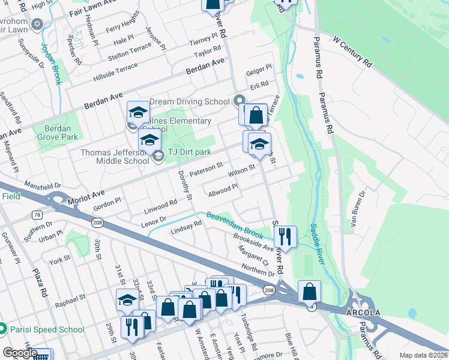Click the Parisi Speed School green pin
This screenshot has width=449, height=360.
[x=3, y=329]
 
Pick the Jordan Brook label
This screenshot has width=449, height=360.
[x=51, y=63]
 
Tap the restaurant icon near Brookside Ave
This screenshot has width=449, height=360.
[x=286, y=236]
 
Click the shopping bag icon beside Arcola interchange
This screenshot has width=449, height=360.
[x=309, y=292]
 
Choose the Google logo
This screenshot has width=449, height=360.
[x=20, y=353]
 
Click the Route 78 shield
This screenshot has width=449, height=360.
[x=37, y=215]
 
